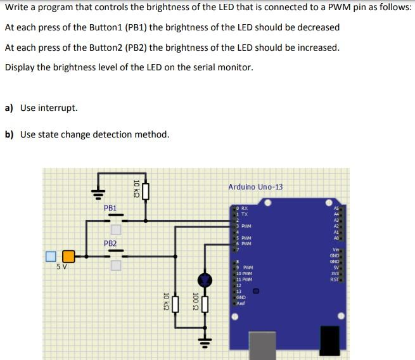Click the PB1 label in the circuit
coord(110,208)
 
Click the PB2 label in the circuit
coord(110,243)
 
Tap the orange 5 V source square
coord(68,256)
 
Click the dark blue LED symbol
coord(204,279)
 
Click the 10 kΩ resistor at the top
coord(146,191)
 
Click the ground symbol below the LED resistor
coord(204,342)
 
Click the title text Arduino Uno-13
coord(255,187)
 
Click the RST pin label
coord(334,279)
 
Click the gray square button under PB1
coord(115,229)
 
